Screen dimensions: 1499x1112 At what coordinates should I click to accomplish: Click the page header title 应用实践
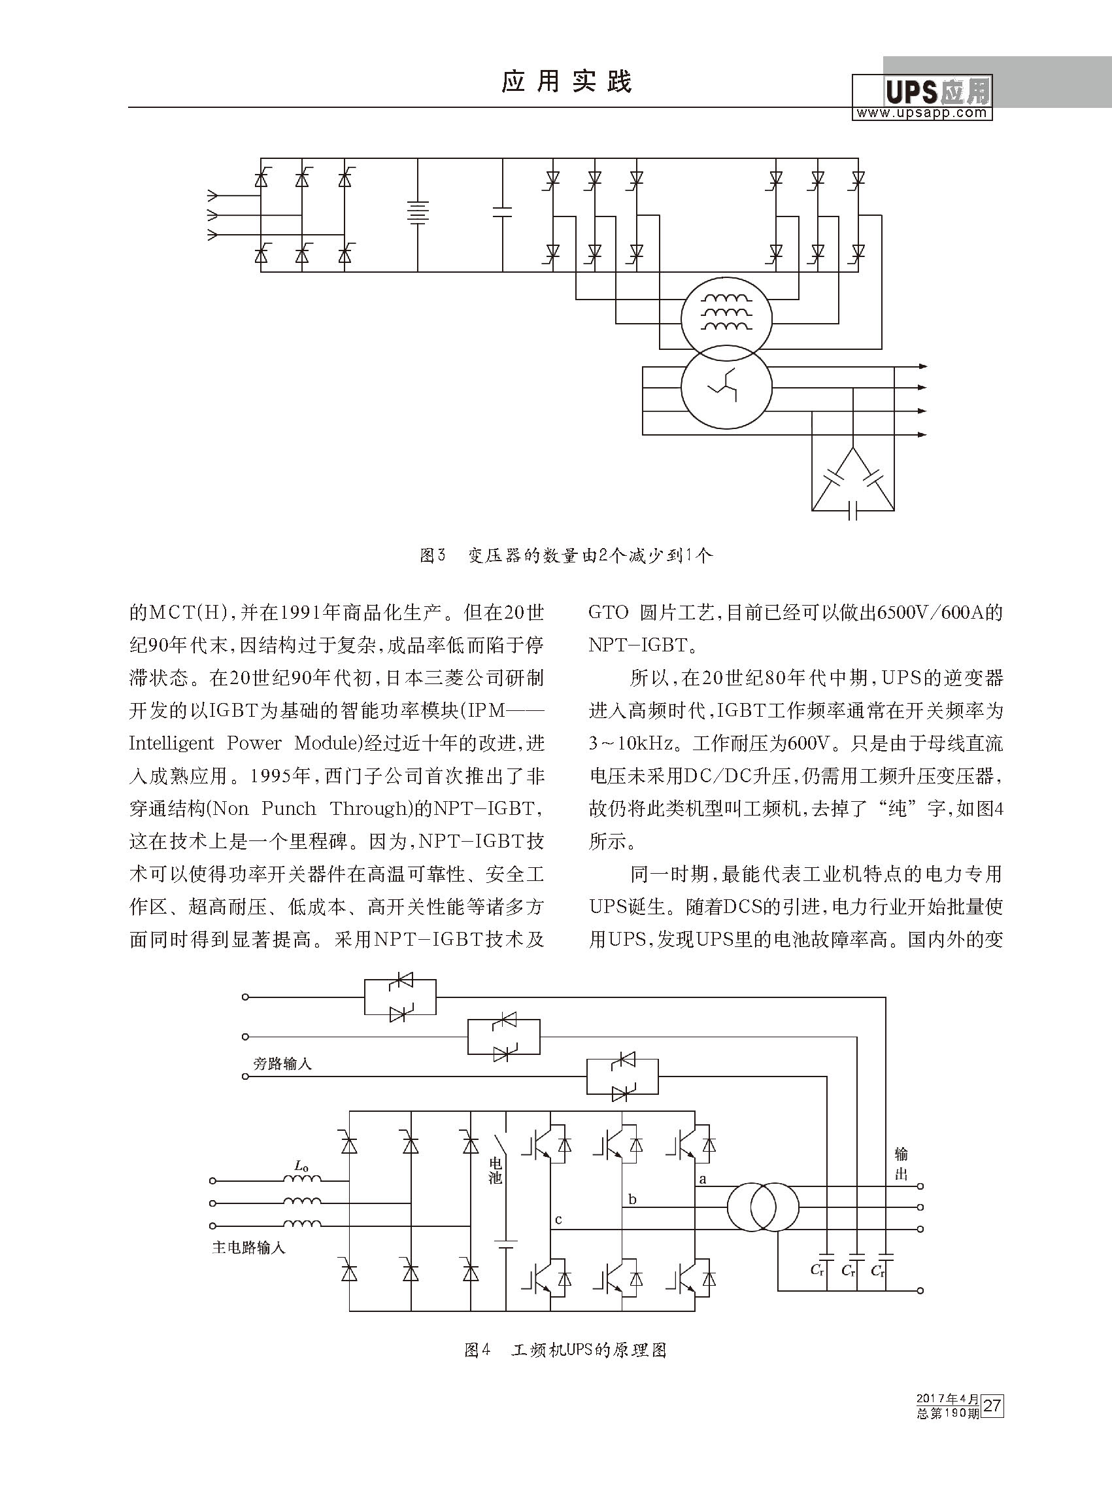(x=567, y=82)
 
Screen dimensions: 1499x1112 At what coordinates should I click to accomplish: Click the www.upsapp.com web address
(x=922, y=113)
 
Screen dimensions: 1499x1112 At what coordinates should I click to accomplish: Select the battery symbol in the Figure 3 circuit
(x=417, y=213)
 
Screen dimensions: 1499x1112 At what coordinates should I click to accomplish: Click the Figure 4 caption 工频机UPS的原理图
(x=589, y=1350)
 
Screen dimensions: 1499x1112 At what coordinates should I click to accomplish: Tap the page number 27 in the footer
(x=992, y=1406)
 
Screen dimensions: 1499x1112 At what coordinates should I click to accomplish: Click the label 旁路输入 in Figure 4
(x=282, y=1064)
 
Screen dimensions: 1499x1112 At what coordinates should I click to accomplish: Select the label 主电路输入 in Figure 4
(x=248, y=1248)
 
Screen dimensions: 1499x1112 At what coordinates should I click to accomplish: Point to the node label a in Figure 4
(x=703, y=1179)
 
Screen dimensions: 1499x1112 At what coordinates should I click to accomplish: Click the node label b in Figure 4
(x=632, y=1199)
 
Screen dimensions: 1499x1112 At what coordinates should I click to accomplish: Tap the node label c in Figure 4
(x=558, y=1220)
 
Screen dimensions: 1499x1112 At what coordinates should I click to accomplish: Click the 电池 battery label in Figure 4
(x=496, y=1171)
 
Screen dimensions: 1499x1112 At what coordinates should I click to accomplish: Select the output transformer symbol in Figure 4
(x=763, y=1206)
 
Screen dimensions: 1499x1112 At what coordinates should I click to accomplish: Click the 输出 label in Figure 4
(x=901, y=1163)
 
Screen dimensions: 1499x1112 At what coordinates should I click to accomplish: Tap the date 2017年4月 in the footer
(x=947, y=1399)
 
